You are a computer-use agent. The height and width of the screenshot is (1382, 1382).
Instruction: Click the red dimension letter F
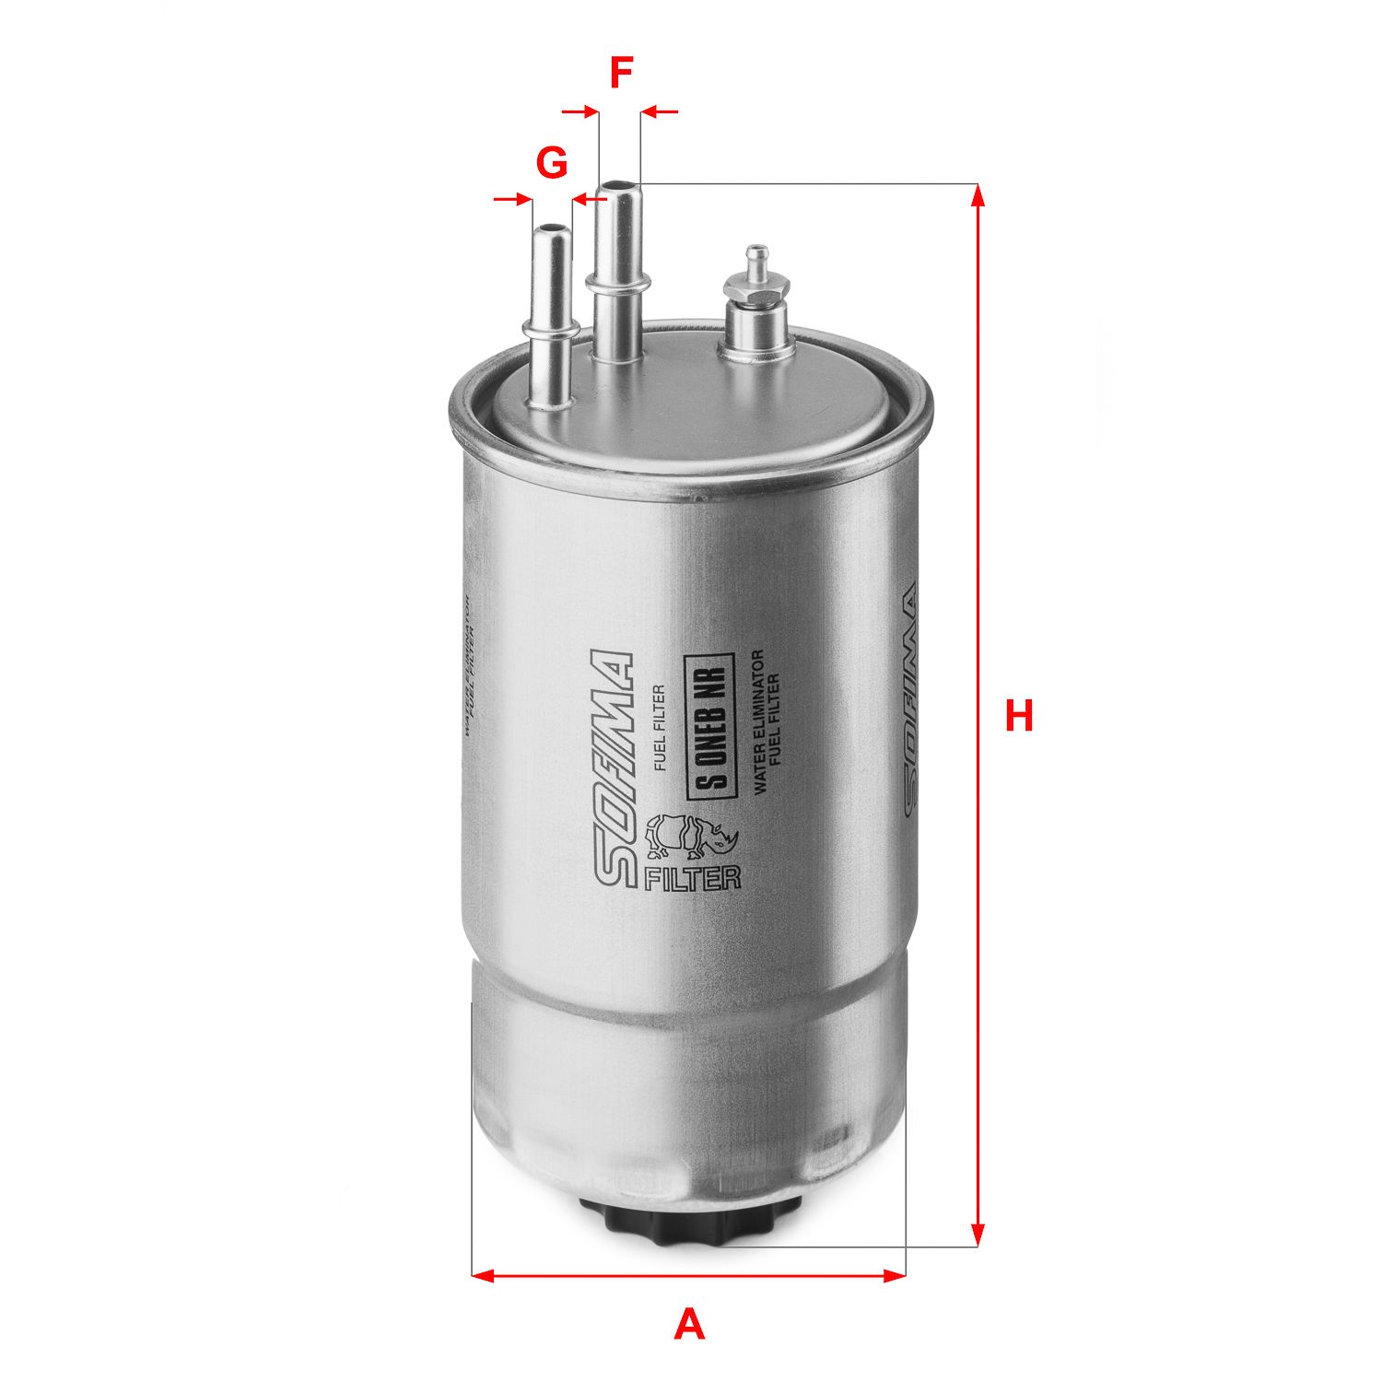[x=622, y=74]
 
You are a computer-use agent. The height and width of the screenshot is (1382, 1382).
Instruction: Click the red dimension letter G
[x=551, y=164]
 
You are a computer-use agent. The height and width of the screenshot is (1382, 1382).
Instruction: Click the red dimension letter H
[x=1018, y=716]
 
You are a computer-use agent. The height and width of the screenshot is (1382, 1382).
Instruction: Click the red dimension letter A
[x=688, y=1325]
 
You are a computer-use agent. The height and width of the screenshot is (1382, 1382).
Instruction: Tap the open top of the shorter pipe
[x=551, y=228]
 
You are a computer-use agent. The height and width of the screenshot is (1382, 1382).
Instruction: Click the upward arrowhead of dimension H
[x=978, y=194]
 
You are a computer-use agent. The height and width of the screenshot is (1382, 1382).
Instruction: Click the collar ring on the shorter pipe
[x=551, y=327]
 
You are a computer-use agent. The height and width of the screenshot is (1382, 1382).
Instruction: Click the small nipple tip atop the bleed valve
[x=755, y=252]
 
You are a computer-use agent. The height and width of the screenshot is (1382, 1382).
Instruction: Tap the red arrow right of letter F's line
[x=660, y=111]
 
